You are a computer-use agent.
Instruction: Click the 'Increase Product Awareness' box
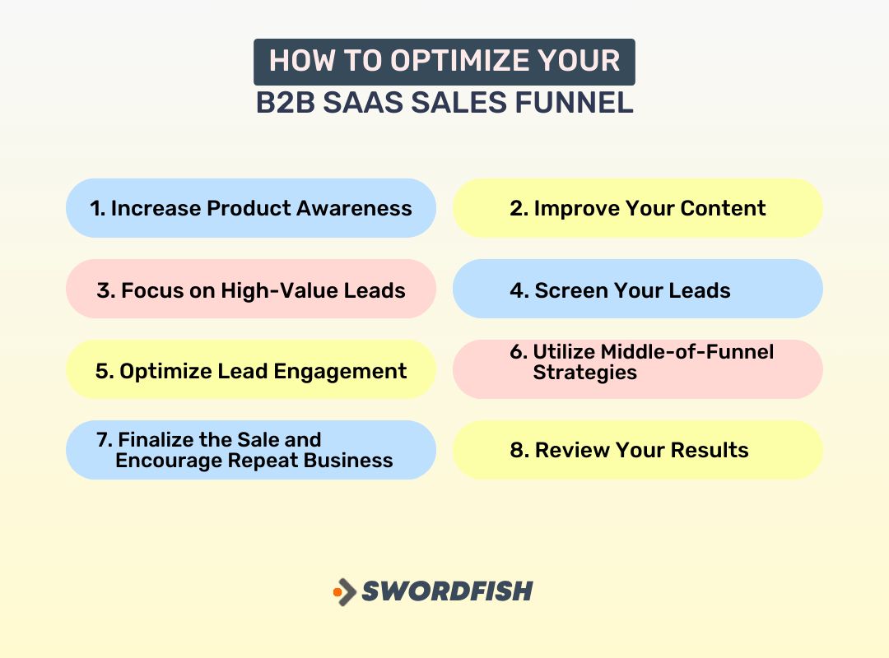(251, 208)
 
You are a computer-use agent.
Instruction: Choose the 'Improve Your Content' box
(638, 208)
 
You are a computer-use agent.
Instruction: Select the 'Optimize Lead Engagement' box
(251, 370)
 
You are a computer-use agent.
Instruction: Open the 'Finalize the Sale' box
(251, 450)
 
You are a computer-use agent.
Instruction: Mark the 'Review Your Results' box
(638, 450)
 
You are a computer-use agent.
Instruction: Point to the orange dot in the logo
(337, 591)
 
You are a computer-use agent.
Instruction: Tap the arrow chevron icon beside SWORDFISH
(348, 591)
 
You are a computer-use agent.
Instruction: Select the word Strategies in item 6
(584, 373)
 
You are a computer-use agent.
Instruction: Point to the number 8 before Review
(516, 450)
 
